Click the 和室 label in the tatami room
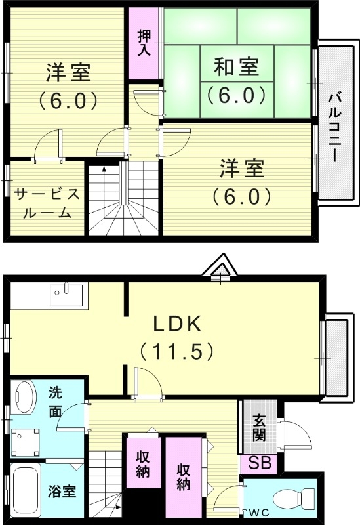[x=237, y=67]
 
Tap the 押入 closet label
[x=144, y=41]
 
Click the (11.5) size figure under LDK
[x=177, y=351]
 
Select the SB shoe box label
[x=259, y=463]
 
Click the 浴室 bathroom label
[x=62, y=491]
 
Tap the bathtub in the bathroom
[x=25, y=492]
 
